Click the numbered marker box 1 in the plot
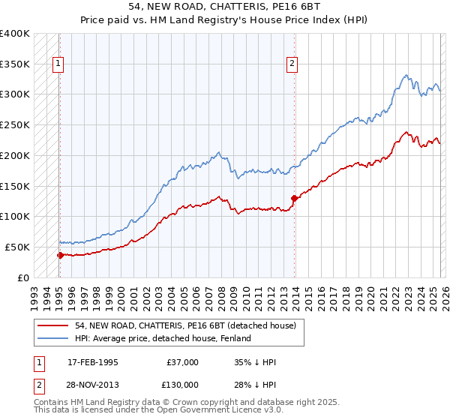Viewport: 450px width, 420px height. tap(58, 64)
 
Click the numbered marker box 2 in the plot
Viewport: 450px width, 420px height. tap(292, 64)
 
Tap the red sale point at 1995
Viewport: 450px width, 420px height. tap(60, 255)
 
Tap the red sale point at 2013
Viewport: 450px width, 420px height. tap(293, 198)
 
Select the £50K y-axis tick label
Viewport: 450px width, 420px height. tap(16, 247)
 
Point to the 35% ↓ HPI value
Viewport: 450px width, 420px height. tap(256, 362)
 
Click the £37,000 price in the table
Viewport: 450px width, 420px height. tap(181, 362)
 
